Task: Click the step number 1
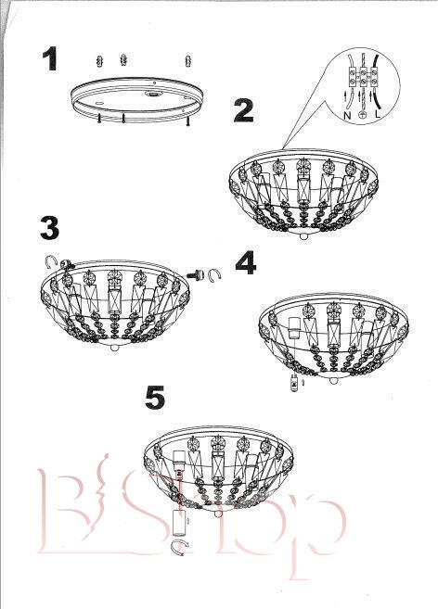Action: tap(50, 58)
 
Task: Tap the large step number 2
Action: tap(244, 110)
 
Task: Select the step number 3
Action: tap(50, 228)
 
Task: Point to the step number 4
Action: tap(246, 263)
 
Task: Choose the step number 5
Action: tap(155, 398)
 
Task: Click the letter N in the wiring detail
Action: tap(347, 115)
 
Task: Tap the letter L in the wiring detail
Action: tap(378, 114)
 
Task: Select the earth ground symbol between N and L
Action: tap(363, 115)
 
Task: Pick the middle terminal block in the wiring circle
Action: tap(363, 77)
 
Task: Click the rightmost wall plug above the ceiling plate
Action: tap(188, 60)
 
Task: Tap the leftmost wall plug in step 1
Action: tap(100, 60)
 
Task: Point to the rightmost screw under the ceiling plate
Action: tap(188, 121)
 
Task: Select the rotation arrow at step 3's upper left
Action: tap(50, 262)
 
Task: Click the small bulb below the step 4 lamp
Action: tap(295, 385)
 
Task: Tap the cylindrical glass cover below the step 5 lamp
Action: tap(179, 523)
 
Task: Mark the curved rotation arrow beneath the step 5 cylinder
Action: tap(181, 547)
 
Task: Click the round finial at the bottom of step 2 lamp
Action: tap(305, 236)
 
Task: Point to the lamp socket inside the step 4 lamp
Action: tap(295, 327)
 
